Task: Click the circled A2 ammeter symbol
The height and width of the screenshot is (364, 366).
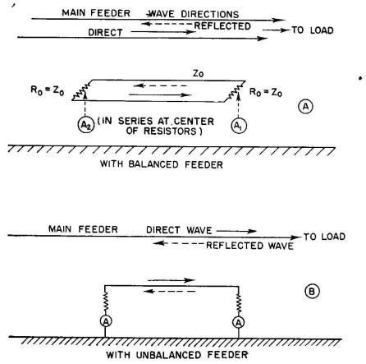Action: click(86, 125)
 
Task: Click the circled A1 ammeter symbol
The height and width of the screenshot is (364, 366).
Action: click(239, 126)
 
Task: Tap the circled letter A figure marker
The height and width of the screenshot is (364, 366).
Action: click(305, 106)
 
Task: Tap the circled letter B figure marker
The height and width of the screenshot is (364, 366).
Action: click(312, 291)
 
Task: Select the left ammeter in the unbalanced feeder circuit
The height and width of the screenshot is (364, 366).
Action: click(106, 321)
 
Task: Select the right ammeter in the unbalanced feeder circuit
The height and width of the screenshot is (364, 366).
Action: click(239, 322)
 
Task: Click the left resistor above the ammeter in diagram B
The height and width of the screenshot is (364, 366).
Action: click(105, 302)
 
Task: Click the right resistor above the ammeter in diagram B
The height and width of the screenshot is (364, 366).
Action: click(239, 303)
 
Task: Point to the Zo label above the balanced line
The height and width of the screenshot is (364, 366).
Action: click(199, 73)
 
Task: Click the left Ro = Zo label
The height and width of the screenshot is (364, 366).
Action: click(48, 90)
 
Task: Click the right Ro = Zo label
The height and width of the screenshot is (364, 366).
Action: click(266, 92)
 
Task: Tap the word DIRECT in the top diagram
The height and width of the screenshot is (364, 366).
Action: click(105, 32)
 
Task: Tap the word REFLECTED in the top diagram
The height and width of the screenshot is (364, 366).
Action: click(222, 26)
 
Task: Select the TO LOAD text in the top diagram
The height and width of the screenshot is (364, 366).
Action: click(313, 30)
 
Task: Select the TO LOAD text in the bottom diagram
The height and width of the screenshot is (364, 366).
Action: click(324, 237)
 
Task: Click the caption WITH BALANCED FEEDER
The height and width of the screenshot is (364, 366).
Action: click(162, 164)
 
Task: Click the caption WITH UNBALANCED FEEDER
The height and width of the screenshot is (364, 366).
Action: click(177, 355)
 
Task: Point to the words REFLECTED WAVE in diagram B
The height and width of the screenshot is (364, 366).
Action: click(249, 246)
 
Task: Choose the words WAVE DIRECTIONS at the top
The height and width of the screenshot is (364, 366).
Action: click(193, 14)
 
